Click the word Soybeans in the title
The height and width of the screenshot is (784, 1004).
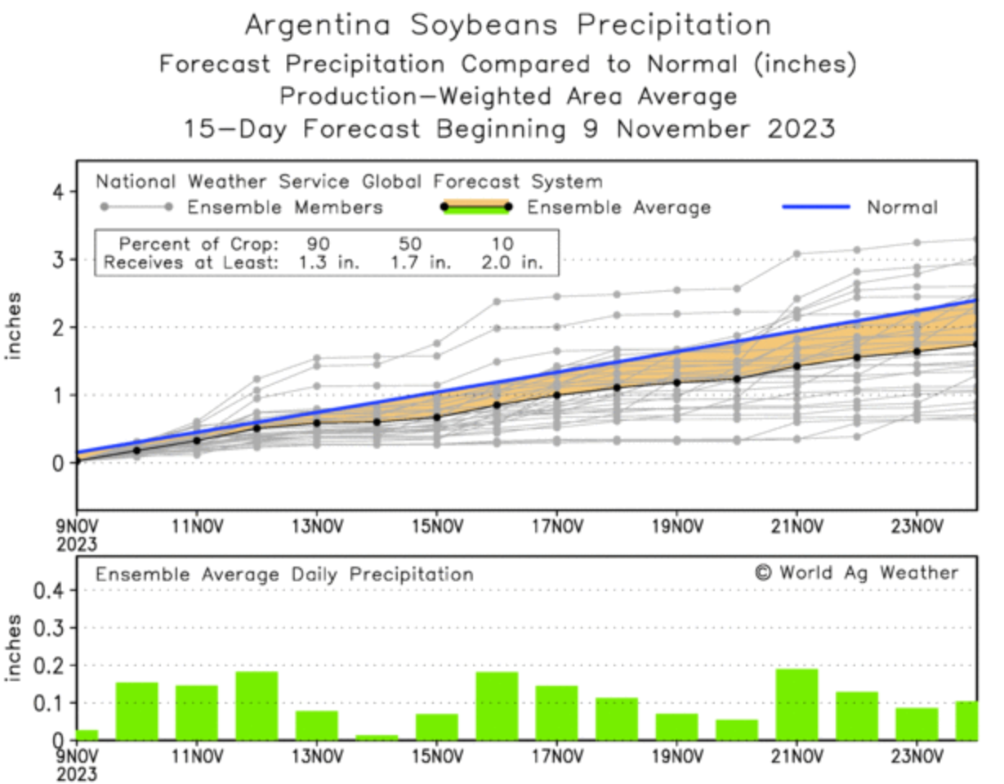click(x=484, y=25)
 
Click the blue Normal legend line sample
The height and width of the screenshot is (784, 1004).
click(x=815, y=207)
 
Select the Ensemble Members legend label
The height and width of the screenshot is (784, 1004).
click(x=285, y=208)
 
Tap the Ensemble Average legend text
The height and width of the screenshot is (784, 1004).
click(x=618, y=208)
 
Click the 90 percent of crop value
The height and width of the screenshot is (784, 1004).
click(x=319, y=244)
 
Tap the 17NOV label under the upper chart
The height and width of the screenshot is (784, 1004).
click(x=556, y=525)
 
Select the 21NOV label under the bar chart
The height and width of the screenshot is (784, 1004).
click(x=796, y=752)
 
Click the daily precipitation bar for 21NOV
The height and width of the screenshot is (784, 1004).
click(x=797, y=704)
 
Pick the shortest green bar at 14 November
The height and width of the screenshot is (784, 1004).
click(x=377, y=737)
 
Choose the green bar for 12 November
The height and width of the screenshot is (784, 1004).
click(x=257, y=706)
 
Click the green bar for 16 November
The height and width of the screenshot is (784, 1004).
click(x=497, y=706)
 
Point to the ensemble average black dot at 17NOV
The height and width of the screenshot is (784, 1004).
click(x=556, y=395)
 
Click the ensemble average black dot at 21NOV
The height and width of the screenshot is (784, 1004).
click(x=797, y=366)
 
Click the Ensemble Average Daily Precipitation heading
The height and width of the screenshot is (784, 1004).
click(x=284, y=575)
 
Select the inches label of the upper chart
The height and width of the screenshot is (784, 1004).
click(x=14, y=326)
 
